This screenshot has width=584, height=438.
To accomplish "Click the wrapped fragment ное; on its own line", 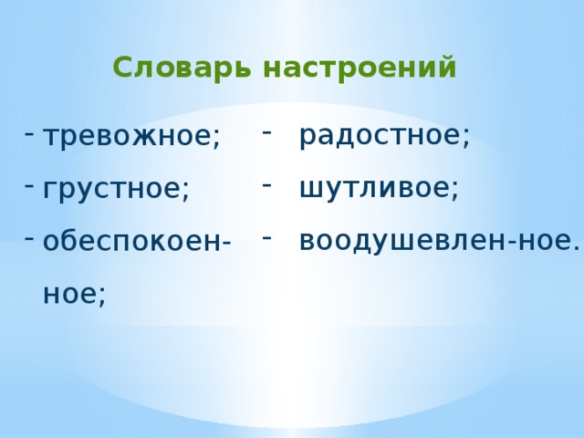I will (74, 293).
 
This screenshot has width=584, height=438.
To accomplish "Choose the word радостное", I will (380, 136).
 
